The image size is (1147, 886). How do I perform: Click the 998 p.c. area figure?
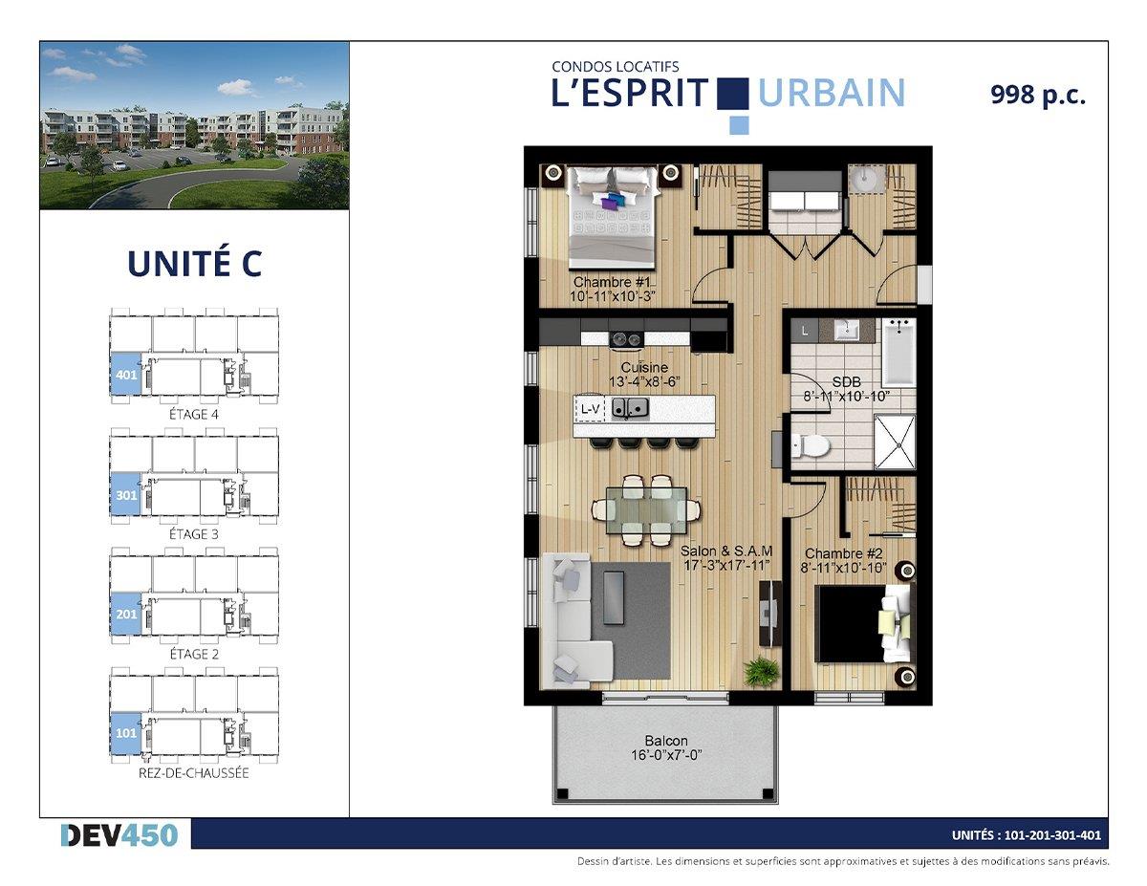1038,96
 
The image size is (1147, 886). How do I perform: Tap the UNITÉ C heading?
195,264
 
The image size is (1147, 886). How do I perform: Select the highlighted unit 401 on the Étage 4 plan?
125,374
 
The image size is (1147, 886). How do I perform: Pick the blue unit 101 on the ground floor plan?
125,732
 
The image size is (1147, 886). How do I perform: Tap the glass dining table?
647,510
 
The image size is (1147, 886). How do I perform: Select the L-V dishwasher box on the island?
590,408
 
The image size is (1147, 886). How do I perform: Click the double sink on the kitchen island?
630,408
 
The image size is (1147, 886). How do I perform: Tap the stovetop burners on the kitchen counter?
626,338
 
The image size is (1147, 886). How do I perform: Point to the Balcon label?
666,741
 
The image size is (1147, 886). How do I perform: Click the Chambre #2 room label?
843,553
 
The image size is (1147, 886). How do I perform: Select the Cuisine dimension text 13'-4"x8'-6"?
644,381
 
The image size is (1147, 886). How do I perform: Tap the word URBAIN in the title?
832,94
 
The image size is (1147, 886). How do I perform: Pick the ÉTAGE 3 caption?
194,534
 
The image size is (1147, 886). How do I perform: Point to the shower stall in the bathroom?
895,442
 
